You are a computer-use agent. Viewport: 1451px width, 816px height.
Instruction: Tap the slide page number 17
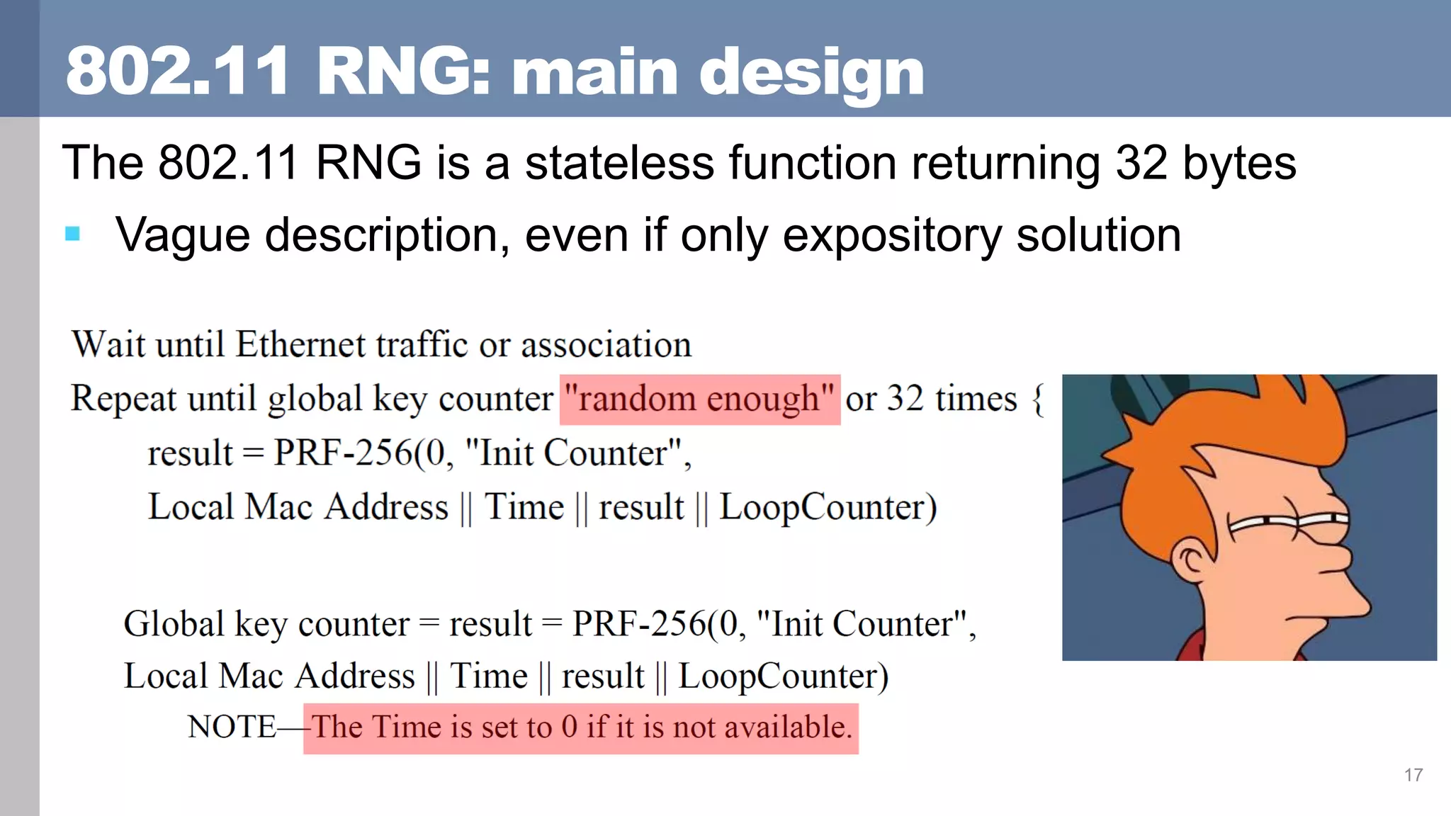coord(1413,775)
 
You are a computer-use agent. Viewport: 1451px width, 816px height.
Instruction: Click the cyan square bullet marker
coord(72,234)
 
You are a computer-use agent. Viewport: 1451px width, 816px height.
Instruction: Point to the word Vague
coord(183,235)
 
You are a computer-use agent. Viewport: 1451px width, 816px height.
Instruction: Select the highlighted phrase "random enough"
coord(699,399)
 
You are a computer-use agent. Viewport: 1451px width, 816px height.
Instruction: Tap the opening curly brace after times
coord(1038,399)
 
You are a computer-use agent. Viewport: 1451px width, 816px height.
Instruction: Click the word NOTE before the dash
coord(232,727)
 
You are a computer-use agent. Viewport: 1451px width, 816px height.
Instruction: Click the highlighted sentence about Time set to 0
coord(581,727)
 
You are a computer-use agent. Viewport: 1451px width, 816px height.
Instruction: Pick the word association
coord(606,345)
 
